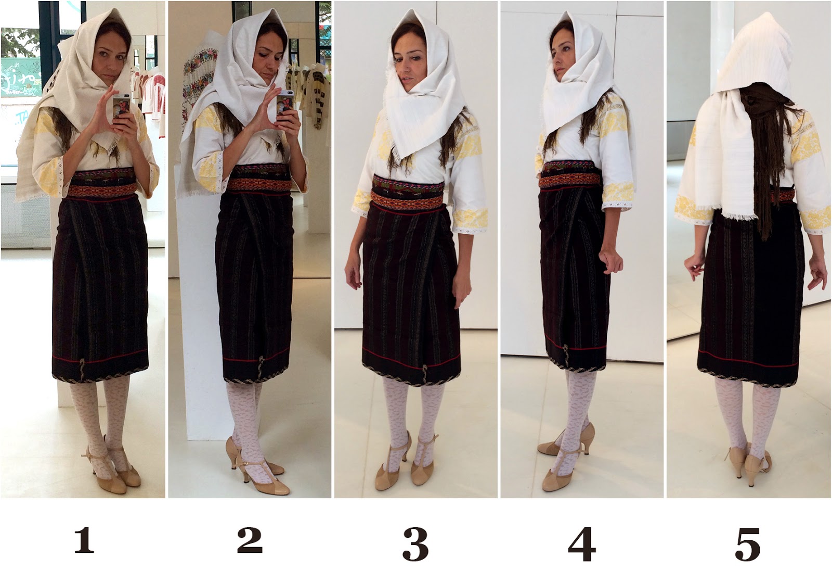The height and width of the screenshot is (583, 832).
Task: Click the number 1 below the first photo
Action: point(84,540)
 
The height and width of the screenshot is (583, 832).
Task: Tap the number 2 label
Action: point(250,540)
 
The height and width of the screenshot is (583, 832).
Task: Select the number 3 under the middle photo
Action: point(415,544)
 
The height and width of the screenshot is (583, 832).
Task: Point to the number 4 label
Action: point(582,544)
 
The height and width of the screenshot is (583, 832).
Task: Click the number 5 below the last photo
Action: point(748,544)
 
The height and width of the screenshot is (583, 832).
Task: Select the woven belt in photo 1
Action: point(103,184)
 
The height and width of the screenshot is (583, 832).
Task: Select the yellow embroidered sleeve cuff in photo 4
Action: point(617,195)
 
